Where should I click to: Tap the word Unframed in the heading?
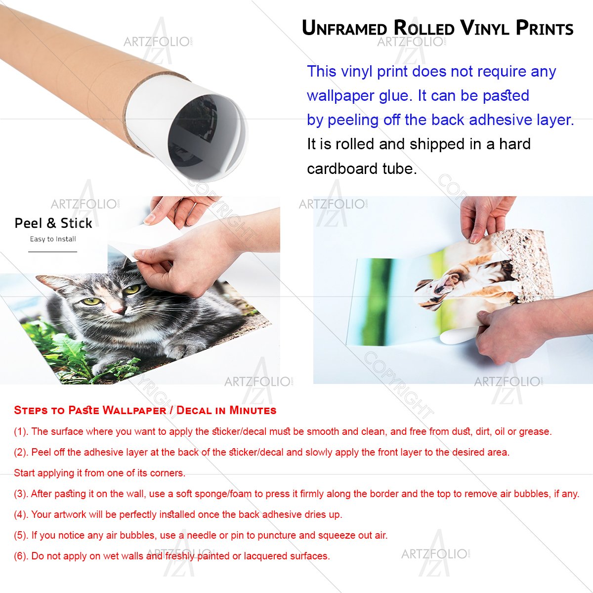tap(344, 28)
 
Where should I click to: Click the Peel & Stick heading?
tap(53, 223)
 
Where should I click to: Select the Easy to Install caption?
tap(53, 239)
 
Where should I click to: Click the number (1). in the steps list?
tap(21, 431)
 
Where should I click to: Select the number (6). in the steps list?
tap(21, 556)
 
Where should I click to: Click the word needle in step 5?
tap(202, 535)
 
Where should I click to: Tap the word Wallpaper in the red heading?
tap(134, 410)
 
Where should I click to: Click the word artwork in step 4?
tap(70, 514)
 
